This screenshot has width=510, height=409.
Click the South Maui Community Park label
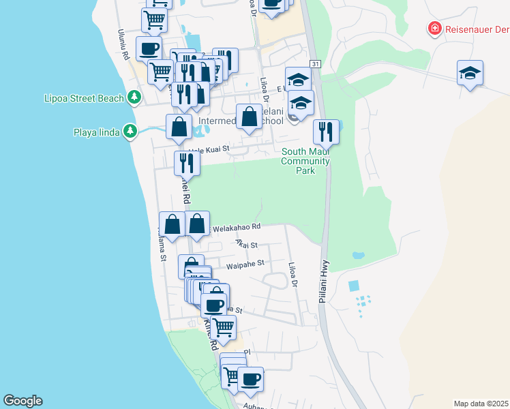tap(305, 161)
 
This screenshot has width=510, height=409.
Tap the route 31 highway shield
tap(314, 63)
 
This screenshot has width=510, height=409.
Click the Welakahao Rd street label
tap(237, 227)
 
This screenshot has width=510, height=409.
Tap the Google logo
tap(22, 401)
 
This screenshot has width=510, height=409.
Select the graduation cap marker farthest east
tap(470, 72)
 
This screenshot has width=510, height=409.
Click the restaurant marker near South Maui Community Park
tap(326, 131)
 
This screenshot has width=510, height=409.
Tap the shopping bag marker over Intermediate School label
tap(250, 116)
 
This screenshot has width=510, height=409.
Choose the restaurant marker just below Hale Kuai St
tap(186, 163)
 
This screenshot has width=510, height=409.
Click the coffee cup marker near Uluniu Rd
tap(149, 48)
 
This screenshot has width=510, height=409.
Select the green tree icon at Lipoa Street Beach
tap(134, 97)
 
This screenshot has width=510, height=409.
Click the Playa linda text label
tap(97, 132)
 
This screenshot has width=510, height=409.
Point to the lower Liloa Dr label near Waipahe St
tap(294, 274)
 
